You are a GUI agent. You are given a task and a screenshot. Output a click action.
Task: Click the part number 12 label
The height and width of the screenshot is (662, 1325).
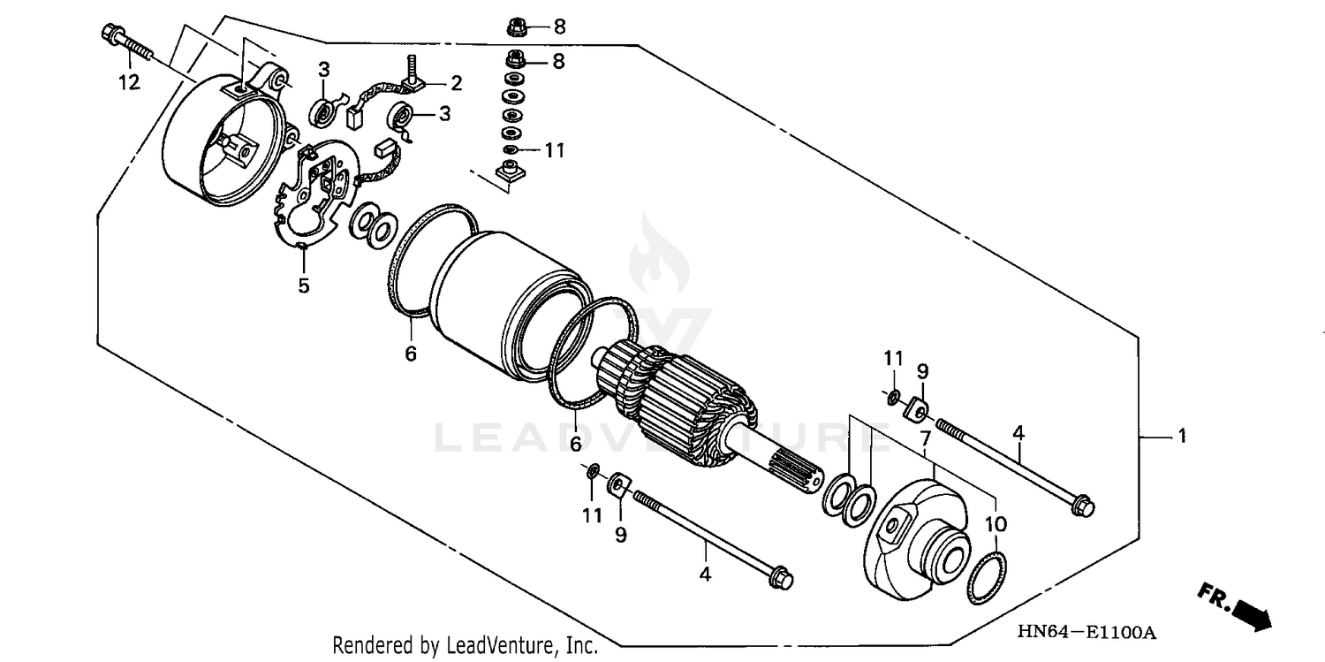click(x=129, y=83)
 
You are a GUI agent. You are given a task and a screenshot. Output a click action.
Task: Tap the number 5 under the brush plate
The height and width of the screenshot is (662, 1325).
click(x=303, y=285)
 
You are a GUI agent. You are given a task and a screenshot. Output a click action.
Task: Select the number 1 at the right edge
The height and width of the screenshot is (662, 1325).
click(x=1181, y=437)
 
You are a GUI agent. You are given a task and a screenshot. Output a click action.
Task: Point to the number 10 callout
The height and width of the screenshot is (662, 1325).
click(x=996, y=524)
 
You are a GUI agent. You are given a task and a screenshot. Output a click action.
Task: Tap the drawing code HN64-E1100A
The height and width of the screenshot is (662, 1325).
click(x=1086, y=633)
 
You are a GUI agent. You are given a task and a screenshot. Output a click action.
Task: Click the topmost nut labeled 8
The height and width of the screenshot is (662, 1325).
click(x=515, y=27)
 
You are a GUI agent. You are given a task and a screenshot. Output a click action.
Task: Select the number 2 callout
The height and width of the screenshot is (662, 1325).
click(x=456, y=84)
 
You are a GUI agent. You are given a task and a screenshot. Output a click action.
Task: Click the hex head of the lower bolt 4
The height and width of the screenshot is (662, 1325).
click(x=782, y=580)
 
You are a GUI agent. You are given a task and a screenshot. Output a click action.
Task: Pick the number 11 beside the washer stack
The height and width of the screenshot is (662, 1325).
click(x=554, y=150)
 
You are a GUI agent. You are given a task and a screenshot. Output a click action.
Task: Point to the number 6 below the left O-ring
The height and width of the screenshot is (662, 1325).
click(x=411, y=354)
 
